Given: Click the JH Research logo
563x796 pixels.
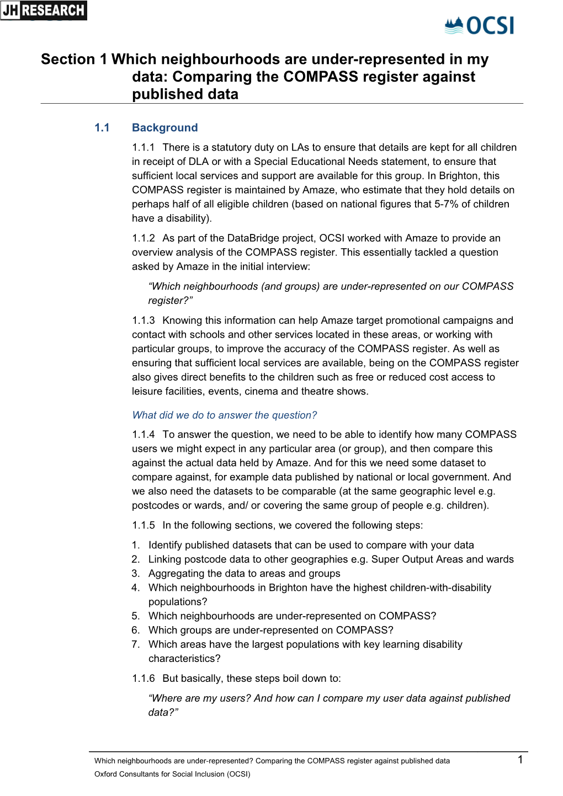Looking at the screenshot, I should click(x=44, y=10).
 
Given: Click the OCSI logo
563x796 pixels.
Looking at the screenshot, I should click(x=479, y=25).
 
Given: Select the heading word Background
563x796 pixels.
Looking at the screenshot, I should click(x=164, y=127).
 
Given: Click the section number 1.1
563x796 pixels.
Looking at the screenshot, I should click(x=102, y=127).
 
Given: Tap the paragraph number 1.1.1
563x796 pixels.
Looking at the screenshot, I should click(x=144, y=147).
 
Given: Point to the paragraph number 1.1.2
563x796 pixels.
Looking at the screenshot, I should click(x=144, y=238).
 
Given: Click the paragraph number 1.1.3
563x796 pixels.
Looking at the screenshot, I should click(x=144, y=320).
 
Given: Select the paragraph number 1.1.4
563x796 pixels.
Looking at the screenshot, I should click(x=144, y=434).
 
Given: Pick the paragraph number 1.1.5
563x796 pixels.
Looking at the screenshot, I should click(x=144, y=525).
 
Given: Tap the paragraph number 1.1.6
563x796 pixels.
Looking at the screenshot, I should click(x=144, y=679).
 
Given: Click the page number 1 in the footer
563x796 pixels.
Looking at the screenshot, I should click(x=520, y=760).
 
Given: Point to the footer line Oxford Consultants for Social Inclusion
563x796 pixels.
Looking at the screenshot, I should click(x=172, y=774).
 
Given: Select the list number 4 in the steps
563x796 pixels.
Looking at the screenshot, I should click(x=135, y=587).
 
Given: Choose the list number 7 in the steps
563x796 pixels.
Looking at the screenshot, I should click(x=135, y=644).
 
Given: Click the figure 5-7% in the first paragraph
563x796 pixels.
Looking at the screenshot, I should click(x=447, y=204).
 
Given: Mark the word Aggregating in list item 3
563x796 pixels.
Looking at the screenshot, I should click(x=176, y=573).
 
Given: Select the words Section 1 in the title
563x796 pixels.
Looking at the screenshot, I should click(x=74, y=60).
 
